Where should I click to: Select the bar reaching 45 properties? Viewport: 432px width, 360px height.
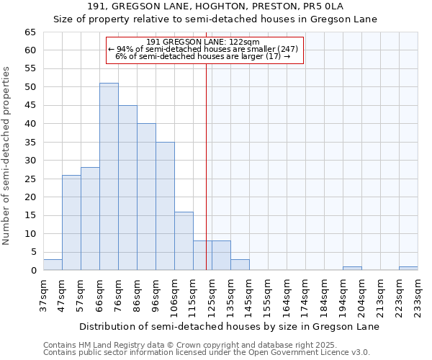point(127,188)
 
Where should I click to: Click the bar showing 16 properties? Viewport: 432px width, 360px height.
point(184,241)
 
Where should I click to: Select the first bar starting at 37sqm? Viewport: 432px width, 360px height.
point(53,265)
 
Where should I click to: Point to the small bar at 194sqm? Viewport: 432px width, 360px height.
point(352,269)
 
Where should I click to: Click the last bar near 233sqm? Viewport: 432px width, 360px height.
point(408,269)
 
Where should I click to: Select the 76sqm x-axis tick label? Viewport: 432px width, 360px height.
point(119,296)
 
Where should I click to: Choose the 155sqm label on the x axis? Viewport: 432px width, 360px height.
point(268,296)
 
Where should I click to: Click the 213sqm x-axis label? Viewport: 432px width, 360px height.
point(380,296)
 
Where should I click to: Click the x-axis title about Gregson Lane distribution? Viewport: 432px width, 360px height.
point(230,326)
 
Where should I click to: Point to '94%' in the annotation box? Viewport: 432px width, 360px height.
point(125,49)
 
